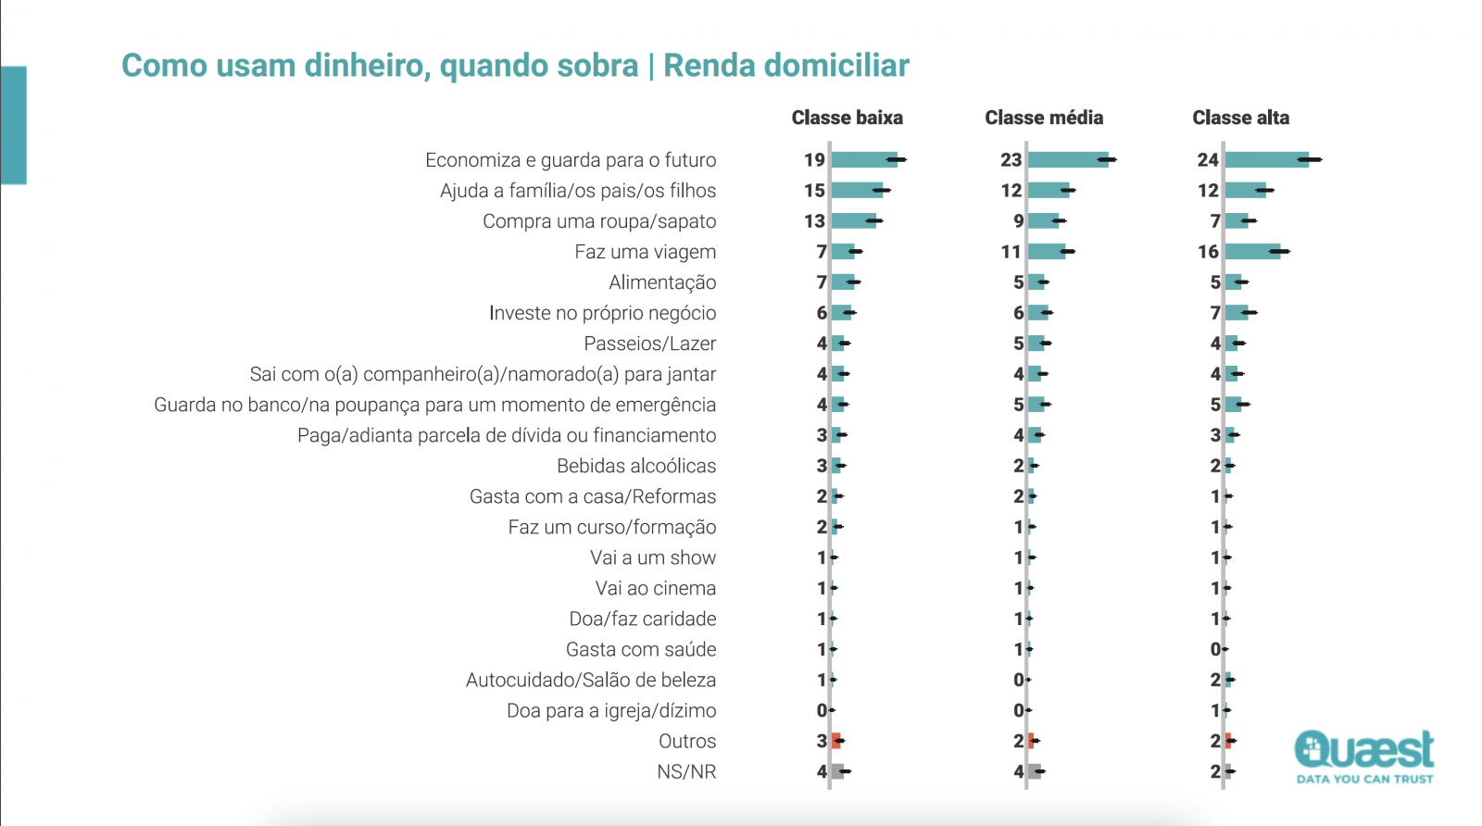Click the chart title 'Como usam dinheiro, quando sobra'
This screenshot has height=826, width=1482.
coord(380,66)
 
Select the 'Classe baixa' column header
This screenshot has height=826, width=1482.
coord(847,118)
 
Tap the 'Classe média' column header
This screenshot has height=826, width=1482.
coord(1044,118)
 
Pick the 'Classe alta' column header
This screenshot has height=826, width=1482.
coord(1240,118)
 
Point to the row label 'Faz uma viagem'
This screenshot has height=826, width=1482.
coord(645,252)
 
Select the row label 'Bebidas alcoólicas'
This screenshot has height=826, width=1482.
coord(636,466)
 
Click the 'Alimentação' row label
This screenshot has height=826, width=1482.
coord(662,282)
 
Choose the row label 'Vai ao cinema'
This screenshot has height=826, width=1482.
coord(655,588)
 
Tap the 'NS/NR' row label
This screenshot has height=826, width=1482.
coord(686,771)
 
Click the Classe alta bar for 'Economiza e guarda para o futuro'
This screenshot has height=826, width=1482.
coord(1266,160)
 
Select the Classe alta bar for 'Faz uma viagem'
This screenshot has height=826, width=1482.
coord(1252,252)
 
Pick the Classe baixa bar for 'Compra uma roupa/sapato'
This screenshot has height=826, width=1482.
coord(853,221)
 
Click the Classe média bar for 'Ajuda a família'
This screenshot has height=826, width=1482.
coord(1049,191)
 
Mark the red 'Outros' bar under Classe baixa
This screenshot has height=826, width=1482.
coord(836,741)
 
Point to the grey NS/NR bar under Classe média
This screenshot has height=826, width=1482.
coord(1035,771)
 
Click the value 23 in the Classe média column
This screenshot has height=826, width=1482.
coord(1011,160)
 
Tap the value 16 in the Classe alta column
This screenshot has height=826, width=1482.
coord(1208,252)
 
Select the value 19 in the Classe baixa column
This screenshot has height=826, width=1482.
coord(814,160)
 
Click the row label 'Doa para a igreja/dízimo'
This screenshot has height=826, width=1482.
coord(611,710)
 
